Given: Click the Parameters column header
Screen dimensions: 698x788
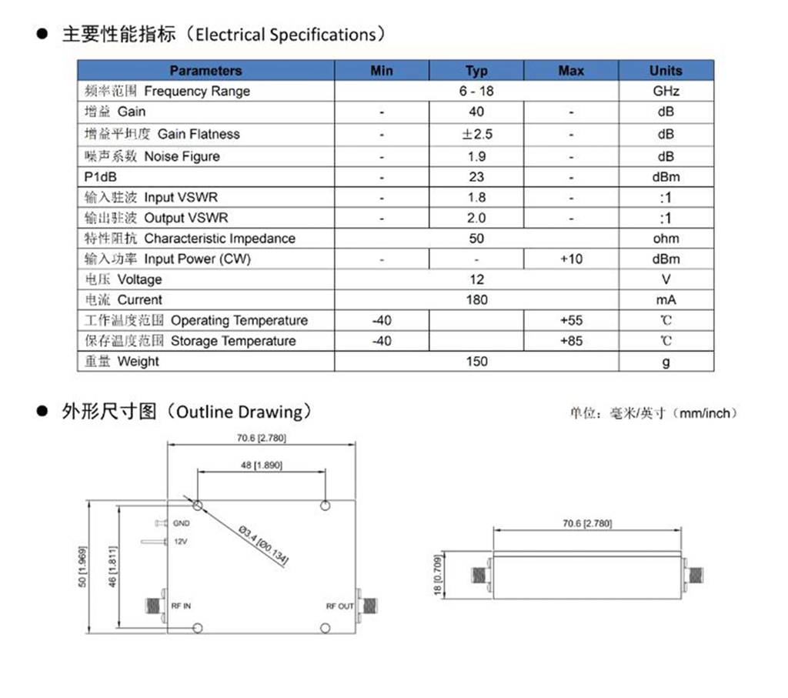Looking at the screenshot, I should point(205,71).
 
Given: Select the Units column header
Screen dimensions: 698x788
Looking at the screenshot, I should point(666,71).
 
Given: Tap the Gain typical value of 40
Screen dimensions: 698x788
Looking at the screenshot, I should point(476,112).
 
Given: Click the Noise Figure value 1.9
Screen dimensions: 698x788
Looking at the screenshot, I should point(476,156).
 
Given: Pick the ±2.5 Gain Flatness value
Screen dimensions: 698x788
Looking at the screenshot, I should point(476,134).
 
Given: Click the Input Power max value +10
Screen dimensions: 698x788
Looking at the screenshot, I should point(571,259).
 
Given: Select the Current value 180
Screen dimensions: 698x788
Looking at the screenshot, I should point(476,300).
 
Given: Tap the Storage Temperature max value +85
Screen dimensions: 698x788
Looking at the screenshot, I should point(571,341).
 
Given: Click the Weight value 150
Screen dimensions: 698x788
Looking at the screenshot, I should point(476,361).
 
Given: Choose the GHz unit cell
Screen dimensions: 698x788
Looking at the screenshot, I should point(666,91).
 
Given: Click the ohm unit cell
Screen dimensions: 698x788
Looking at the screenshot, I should point(666,239).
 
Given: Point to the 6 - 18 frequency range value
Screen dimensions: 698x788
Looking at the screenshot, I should point(476,91).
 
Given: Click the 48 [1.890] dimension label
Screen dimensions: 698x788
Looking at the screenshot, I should point(262,465).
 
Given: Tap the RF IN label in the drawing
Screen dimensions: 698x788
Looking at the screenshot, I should point(182,606).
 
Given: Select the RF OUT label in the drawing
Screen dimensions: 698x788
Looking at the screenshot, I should point(339,606).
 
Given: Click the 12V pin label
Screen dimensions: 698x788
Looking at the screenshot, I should point(180,542).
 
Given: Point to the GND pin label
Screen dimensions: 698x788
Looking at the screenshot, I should point(181,523).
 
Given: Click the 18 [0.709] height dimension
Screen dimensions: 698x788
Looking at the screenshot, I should point(438,575).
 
